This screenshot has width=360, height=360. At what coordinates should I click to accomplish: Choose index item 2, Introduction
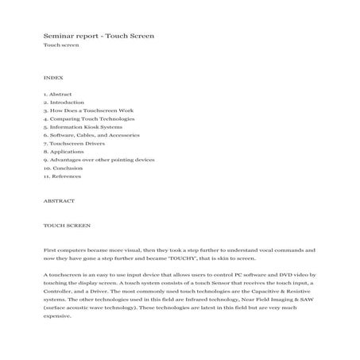click(x=68, y=103)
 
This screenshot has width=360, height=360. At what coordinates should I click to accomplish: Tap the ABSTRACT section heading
click(x=59, y=200)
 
